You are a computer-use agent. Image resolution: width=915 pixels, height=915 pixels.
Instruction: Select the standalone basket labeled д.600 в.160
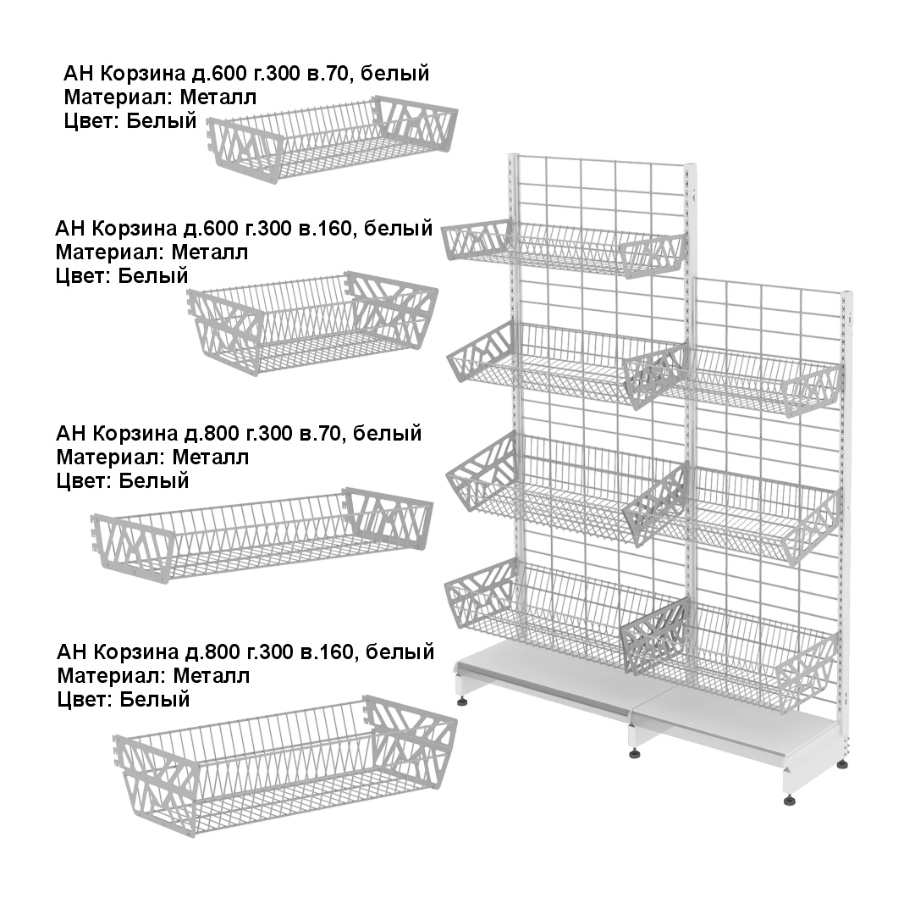click(x=313, y=326)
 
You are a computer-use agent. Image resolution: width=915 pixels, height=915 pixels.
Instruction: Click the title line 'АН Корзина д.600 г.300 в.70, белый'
click(x=247, y=75)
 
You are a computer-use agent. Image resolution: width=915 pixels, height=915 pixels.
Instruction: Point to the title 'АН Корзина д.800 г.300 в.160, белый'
click(x=245, y=652)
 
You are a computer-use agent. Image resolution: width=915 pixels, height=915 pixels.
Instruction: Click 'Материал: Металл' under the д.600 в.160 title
click(x=152, y=252)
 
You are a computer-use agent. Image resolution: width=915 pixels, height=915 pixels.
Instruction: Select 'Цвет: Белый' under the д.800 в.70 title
click(x=122, y=481)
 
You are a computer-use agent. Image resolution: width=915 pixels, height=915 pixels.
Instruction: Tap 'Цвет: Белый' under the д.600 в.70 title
click(x=130, y=121)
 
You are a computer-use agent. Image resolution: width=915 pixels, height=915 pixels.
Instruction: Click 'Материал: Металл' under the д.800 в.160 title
click(x=154, y=676)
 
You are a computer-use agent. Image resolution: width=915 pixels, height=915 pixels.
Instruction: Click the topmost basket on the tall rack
click(x=563, y=246)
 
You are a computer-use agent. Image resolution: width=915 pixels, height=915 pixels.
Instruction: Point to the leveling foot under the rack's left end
click(x=462, y=701)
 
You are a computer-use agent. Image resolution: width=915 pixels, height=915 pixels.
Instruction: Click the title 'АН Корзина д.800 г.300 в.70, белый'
click(x=238, y=435)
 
